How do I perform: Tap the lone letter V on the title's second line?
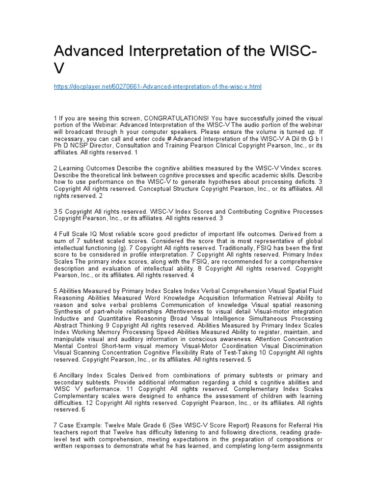coord(60,69)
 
